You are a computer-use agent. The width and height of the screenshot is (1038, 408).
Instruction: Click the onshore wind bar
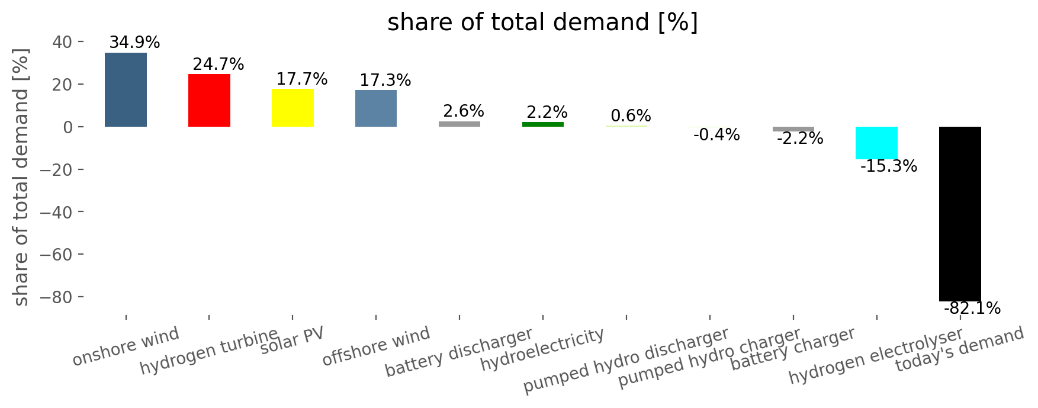tap(126, 89)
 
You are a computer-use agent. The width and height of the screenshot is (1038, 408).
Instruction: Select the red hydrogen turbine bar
tap(209, 100)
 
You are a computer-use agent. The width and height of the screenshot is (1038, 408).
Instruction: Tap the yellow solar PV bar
tap(293, 107)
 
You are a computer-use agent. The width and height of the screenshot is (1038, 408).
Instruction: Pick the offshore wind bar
tap(376, 108)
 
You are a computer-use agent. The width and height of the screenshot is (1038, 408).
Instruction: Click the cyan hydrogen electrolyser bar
tap(876, 143)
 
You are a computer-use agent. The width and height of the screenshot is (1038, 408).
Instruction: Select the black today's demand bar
tap(960, 214)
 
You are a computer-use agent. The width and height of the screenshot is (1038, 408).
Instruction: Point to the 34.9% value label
tap(134, 43)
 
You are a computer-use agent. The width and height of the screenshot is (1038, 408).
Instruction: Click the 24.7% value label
tap(218, 64)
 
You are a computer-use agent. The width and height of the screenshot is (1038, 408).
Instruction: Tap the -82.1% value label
tap(972, 309)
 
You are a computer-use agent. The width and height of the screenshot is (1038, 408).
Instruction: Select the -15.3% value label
tap(888, 166)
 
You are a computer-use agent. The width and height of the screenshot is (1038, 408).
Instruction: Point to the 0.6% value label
tap(631, 115)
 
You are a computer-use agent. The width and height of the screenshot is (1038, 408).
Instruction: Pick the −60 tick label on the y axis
tap(59, 254)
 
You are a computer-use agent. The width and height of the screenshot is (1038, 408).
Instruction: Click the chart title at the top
tap(542, 23)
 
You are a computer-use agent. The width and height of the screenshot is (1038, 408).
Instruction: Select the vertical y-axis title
tap(21, 178)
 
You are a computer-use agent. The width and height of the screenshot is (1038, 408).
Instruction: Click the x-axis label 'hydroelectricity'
tap(542, 349)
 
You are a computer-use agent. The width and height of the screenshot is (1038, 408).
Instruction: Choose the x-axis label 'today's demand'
tap(959, 349)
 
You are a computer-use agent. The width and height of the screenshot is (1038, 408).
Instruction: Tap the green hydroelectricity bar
tap(542, 124)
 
